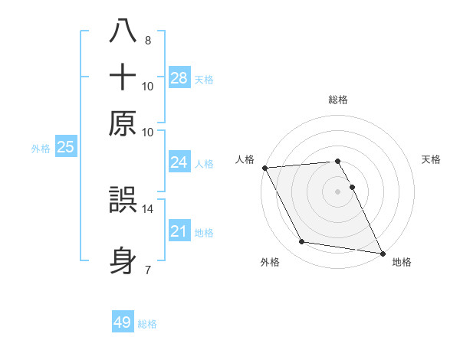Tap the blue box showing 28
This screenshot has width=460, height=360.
pyautogui.click(x=179, y=78)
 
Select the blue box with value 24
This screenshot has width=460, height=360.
pyautogui.click(x=179, y=162)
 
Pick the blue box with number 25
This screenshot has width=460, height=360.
pyautogui.click(x=65, y=148)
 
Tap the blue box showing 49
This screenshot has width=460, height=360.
pyautogui.click(x=123, y=322)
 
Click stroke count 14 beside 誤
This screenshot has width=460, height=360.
pyautogui.click(x=148, y=208)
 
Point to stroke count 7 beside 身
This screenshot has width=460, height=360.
pyautogui.click(x=148, y=270)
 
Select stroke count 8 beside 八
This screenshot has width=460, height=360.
pyautogui.click(x=148, y=41)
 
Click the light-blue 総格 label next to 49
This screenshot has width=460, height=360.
pyautogui.click(x=147, y=324)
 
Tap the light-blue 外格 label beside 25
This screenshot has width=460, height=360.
pyautogui.click(x=41, y=149)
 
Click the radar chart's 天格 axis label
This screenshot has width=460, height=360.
pyautogui.click(x=431, y=159)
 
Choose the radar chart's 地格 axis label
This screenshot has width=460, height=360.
pyautogui.click(x=402, y=262)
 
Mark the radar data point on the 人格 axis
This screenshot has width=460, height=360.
pyautogui.click(x=264, y=168)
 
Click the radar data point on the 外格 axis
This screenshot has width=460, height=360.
pyautogui.click(x=302, y=242)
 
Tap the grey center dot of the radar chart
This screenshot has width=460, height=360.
pyautogui.click(x=338, y=191)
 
